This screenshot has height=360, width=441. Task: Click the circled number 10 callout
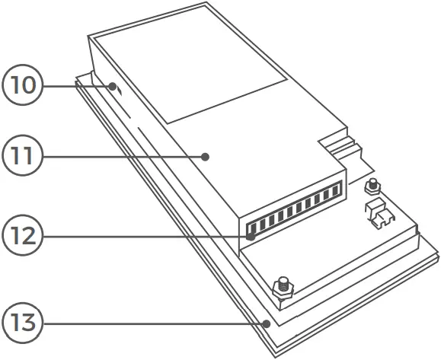[24, 84]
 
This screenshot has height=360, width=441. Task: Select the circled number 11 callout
[24, 157]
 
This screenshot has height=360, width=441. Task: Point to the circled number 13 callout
[24, 323]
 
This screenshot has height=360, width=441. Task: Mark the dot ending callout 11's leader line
[206, 157]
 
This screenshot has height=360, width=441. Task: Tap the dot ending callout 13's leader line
[267, 323]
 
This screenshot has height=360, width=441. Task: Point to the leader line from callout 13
[152, 323]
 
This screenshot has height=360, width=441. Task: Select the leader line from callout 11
[122, 157]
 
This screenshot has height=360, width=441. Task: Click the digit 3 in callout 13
[30, 323]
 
